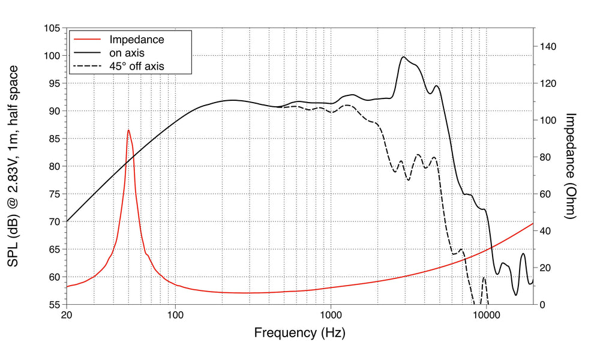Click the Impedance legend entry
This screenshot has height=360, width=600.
[136, 40]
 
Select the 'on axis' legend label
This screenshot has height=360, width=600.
[127, 53]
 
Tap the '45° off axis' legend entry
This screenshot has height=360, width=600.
[136, 66]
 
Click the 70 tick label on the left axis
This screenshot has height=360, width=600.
[53, 221]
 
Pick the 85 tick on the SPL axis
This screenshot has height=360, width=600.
[53, 139]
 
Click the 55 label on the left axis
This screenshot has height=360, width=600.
[53, 304]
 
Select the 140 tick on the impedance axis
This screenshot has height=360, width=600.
[548, 46]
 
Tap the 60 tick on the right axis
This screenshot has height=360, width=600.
[545, 194]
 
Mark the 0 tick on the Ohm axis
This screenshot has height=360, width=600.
[542, 304]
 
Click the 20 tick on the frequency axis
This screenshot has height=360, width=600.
[67, 314]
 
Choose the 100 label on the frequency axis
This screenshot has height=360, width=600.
[175, 314]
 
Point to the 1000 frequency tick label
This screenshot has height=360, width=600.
[331, 314]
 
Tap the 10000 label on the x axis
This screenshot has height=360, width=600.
[486, 314]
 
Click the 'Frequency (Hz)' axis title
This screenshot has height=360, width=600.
[300, 332]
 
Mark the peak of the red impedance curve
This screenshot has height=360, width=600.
[128, 130]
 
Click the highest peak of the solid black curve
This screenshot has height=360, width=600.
[404, 57]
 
